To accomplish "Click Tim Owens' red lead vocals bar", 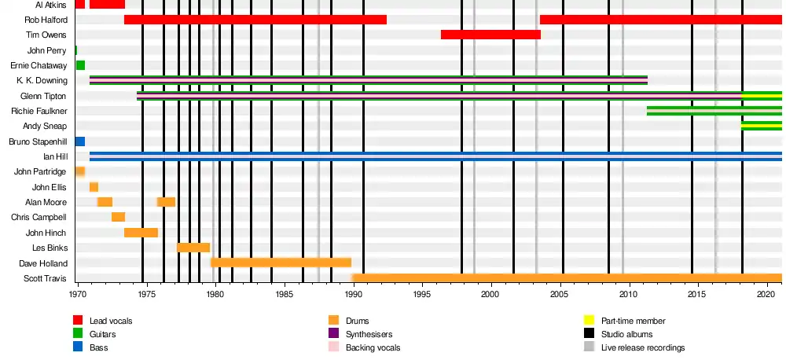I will click(490, 35).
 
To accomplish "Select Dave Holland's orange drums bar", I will click(281, 263).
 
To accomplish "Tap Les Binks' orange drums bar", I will click(193, 248).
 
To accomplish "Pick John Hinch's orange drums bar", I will click(141, 233).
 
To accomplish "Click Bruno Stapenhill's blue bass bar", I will click(80, 141).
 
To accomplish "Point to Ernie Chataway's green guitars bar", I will click(80, 65).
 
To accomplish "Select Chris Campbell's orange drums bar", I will click(118, 217).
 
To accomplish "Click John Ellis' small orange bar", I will click(94, 187).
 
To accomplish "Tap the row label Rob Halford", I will click(46, 20).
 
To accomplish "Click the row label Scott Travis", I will click(46, 278).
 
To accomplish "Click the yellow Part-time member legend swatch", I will click(589, 321).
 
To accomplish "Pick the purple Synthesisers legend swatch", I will click(333, 334).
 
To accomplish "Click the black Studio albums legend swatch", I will click(589, 334).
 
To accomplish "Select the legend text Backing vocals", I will click(373, 347).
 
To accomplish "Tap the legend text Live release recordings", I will click(643, 347).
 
